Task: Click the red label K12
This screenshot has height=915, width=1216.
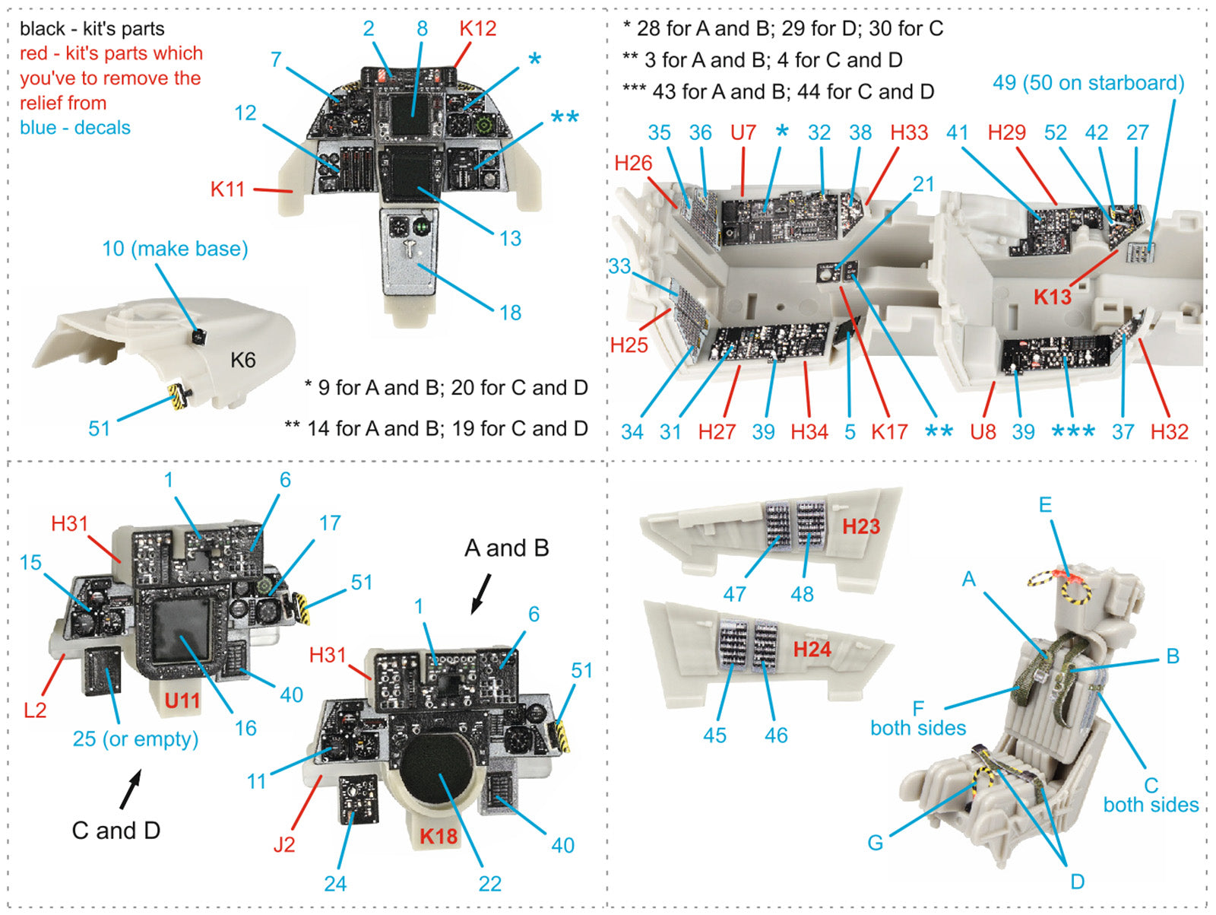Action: click(477, 29)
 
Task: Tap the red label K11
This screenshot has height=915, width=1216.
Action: click(228, 189)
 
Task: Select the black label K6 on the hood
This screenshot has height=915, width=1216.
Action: click(243, 360)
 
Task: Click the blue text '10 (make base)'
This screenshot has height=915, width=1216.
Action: click(175, 249)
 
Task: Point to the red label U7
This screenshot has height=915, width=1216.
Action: click(743, 132)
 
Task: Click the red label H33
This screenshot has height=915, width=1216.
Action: click(909, 132)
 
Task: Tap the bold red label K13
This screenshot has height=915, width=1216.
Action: click(1052, 297)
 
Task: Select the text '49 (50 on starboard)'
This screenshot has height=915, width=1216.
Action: click(1088, 83)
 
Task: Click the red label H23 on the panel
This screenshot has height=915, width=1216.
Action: click(860, 526)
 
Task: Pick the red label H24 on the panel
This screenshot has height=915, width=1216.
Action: click(812, 649)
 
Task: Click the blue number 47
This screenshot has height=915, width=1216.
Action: click(734, 594)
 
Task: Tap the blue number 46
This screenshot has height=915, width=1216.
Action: click(776, 735)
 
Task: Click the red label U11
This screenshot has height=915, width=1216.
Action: click(182, 700)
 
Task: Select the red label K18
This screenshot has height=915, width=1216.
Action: click(439, 836)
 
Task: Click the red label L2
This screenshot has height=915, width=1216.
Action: click(35, 710)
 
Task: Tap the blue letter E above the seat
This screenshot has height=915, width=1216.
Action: click(1045, 504)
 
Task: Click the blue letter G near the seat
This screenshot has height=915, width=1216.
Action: click(875, 842)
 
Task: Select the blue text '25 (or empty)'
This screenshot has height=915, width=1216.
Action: click(135, 739)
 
